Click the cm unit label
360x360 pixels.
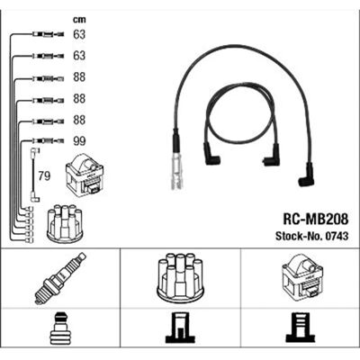click(79, 20)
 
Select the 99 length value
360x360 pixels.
click(79, 141)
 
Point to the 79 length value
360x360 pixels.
click(44, 176)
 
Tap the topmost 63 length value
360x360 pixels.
click(79, 34)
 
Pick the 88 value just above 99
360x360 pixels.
click(79, 120)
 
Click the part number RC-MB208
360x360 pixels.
click(316, 220)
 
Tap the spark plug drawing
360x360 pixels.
click(60, 278)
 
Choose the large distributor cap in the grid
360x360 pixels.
click(180, 278)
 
